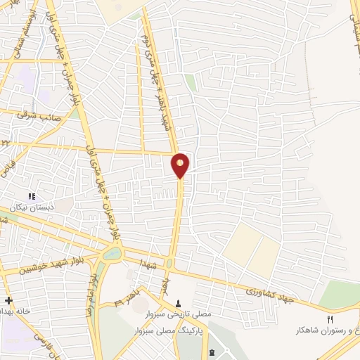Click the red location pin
181,165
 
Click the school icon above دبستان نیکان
30,195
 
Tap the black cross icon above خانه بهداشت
8,300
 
